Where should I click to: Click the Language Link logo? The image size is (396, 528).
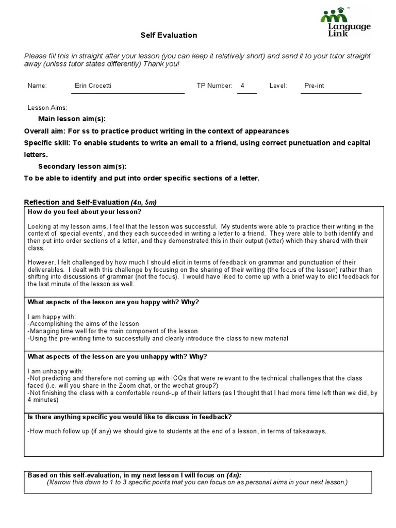click(345, 23)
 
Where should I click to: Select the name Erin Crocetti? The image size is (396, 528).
click(93, 86)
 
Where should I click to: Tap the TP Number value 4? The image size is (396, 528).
click(242, 86)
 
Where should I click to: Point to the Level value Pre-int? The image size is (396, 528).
click(314, 86)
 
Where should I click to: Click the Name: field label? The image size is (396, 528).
click(37, 86)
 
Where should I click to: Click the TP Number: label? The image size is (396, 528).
click(214, 86)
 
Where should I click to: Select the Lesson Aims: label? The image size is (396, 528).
click(47, 108)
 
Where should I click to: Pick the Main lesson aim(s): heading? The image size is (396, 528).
click(72, 119)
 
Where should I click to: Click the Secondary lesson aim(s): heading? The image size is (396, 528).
click(82, 166)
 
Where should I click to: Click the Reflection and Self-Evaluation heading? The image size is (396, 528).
click(76, 202)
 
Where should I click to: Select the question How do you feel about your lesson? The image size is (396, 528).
click(84, 212)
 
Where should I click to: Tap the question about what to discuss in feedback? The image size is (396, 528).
click(129, 417)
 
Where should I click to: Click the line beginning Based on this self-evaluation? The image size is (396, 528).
click(134, 475)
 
